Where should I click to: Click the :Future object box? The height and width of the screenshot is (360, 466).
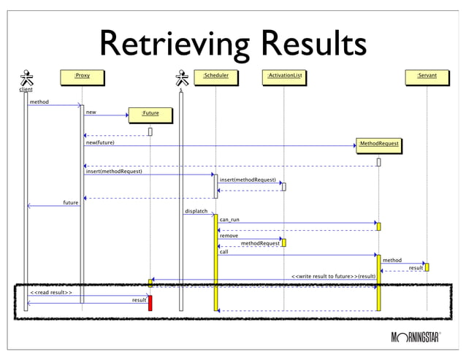point(150,113)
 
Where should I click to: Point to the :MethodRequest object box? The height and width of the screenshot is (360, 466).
point(378,145)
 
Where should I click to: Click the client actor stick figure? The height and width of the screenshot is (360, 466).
point(26,78)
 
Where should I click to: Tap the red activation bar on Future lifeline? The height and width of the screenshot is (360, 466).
point(150,303)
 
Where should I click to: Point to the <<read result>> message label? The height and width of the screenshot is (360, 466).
point(50,292)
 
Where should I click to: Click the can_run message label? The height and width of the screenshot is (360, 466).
point(229,219)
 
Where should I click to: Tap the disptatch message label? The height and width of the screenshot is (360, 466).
point(196,211)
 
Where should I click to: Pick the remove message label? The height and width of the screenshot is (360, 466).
point(229,236)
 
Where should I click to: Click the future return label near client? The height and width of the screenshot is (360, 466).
point(71,202)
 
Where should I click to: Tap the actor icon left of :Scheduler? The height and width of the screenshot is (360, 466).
point(181,78)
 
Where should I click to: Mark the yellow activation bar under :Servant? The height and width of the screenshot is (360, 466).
point(427,267)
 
